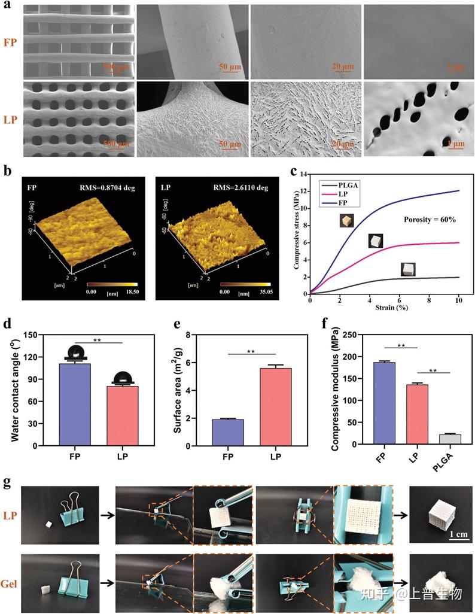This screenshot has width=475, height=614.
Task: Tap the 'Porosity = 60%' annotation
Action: [429, 220]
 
